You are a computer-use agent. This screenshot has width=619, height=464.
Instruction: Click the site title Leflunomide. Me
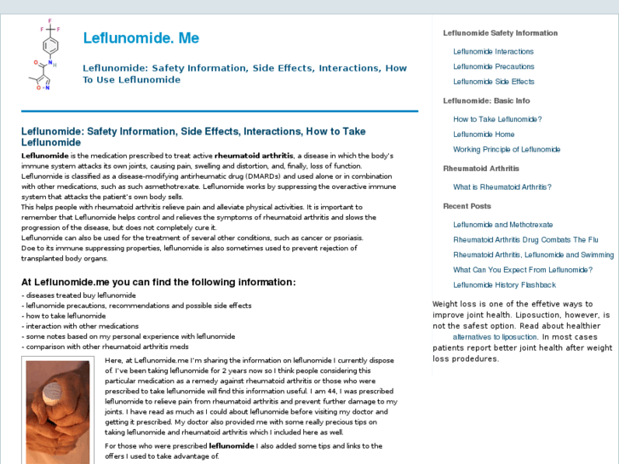141,38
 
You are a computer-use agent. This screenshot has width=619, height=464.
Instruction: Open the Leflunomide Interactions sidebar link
493,52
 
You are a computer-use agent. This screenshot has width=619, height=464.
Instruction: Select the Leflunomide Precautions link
493,66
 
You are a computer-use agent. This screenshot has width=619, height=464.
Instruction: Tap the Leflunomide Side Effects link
493,82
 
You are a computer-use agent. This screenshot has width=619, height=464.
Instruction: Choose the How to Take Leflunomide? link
497,120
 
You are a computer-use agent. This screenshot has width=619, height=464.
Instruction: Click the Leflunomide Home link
484,135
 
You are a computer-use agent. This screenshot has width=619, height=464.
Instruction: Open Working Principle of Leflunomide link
507,150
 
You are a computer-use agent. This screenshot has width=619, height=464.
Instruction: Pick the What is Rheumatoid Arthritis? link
502,187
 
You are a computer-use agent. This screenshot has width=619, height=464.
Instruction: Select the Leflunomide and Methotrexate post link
502,226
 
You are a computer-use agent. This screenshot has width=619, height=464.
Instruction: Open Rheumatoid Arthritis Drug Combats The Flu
525,240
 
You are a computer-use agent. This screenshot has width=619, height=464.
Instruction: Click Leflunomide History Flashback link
504,285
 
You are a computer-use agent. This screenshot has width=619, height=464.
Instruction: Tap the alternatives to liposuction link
495,337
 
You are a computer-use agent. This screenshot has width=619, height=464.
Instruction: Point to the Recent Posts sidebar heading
467,206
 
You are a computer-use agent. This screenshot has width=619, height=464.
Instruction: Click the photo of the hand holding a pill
57,411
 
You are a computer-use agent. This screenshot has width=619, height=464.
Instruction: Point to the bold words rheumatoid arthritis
254,156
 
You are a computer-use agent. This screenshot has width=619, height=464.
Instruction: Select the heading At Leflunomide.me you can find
158,283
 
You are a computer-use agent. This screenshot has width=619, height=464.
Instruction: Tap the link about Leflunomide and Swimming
533,255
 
